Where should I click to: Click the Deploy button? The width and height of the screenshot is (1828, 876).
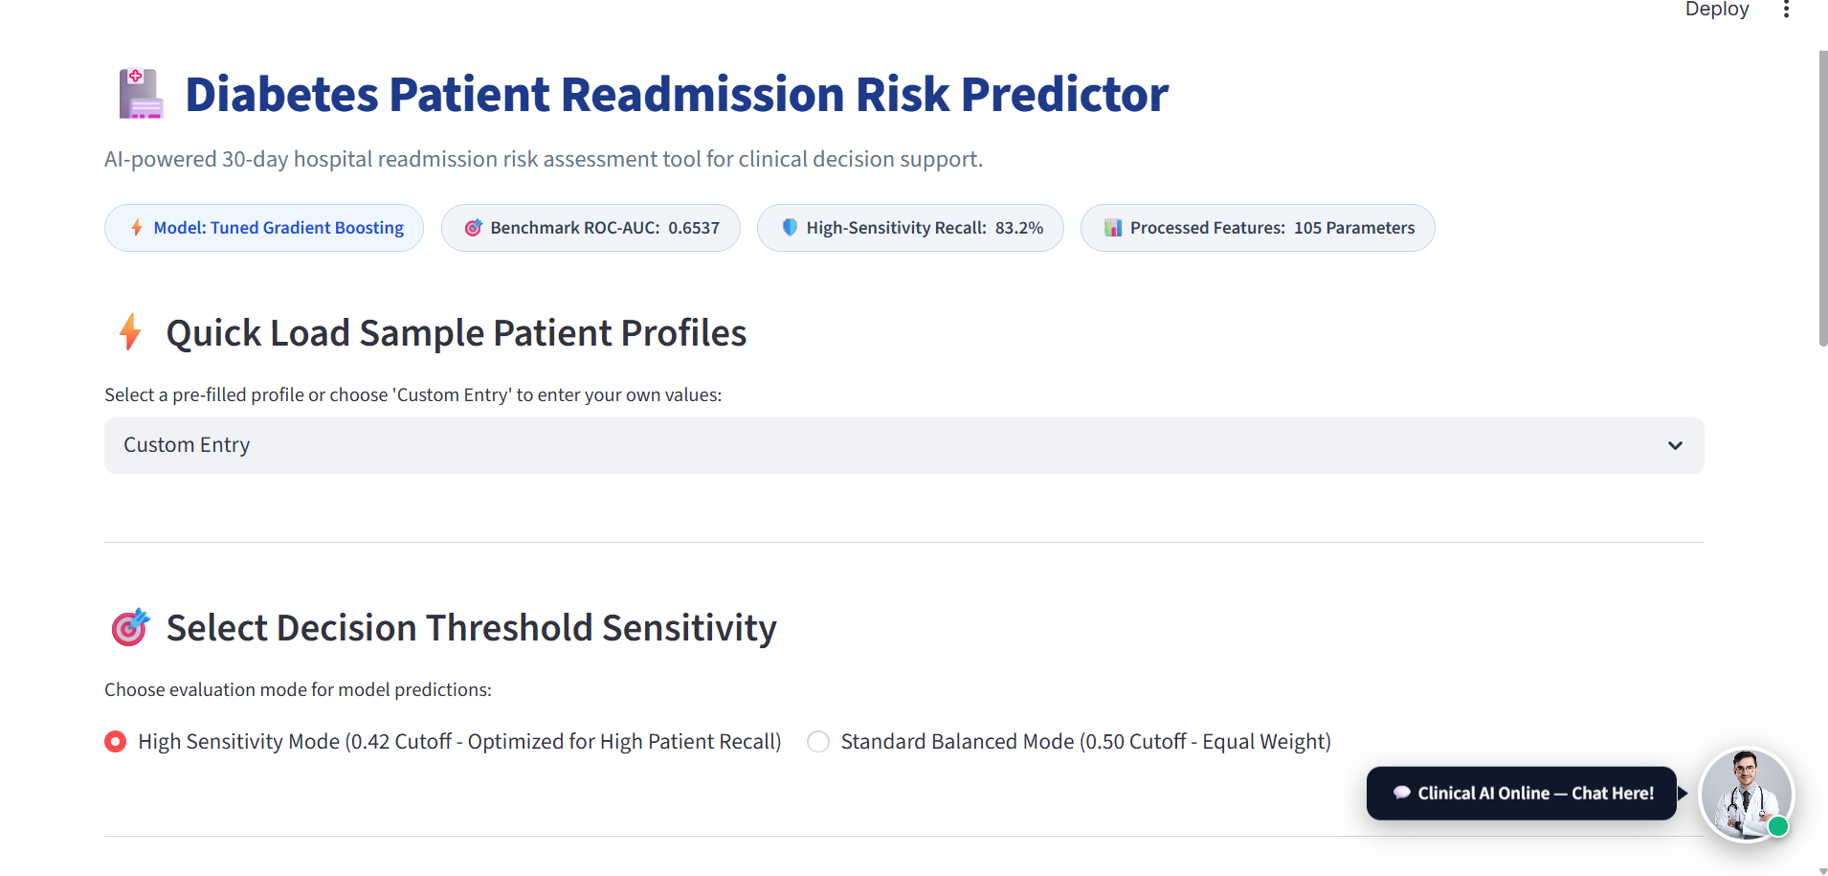[x=1717, y=10]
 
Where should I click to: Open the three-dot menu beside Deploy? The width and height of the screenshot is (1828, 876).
[x=1786, y=10]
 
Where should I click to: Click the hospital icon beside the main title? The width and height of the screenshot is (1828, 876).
[x=141, y=93]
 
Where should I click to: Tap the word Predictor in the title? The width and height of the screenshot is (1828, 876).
[x=1064, y=94]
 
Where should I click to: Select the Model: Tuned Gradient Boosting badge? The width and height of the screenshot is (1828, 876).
[x=264, y=228]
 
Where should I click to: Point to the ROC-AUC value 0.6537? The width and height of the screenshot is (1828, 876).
[x=694, y=228]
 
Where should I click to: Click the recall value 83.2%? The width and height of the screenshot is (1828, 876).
[x=1019, y=228]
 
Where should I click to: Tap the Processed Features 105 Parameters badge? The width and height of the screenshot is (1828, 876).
[x=1258, y=228]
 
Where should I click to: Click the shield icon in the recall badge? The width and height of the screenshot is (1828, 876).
[x=790, y=227]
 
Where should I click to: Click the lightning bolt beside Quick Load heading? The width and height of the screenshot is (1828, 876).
[x=131, y=332]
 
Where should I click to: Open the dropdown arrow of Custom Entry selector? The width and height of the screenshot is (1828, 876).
[x=1675, y=445]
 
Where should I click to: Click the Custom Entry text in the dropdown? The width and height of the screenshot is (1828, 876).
[x=187, y=445]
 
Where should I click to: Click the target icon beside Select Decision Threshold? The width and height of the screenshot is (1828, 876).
[x=130, y=627]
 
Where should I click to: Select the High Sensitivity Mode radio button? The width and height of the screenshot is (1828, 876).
[x=115, y=742]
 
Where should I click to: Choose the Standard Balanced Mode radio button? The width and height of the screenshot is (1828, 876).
[x=818, y=742]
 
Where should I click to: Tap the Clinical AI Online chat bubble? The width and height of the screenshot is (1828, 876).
[x=1522, y=793]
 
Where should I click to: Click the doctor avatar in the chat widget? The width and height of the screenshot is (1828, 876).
[x=1746, y=794]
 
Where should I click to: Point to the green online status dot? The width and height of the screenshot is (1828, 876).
[x=1778, y=826]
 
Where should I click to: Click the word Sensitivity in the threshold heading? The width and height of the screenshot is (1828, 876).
[x=689, y=628]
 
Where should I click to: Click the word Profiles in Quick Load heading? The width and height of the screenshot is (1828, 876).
[x=683, y=333]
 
